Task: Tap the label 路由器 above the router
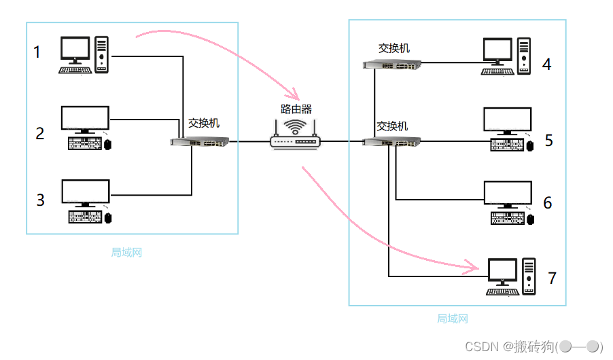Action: (296, 109)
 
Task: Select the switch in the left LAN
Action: (199, 143)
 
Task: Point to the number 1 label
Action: (37, 52)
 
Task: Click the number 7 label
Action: (552, 278)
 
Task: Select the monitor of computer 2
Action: (85, 118)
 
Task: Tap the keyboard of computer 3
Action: (86, 217)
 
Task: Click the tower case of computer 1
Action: (101, 54)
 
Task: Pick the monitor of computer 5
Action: (506, 120)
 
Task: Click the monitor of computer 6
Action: (506, 194)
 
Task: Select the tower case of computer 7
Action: (529, 274)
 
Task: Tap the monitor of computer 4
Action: (498, 52)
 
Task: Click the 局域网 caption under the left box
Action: (126, 253)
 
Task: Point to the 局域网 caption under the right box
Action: (452, 318)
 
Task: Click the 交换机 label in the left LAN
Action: (204, 124)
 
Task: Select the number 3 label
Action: (40, 200)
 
